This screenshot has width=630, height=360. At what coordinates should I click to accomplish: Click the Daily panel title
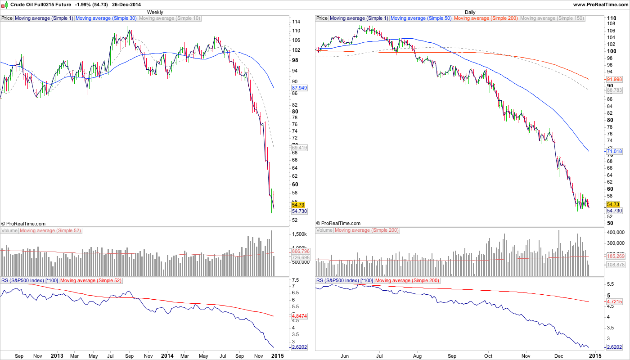470,12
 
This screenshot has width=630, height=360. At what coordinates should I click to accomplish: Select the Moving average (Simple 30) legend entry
106,18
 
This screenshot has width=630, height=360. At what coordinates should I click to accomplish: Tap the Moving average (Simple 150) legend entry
552,18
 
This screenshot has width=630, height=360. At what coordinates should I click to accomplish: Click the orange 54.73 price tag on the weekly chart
299,204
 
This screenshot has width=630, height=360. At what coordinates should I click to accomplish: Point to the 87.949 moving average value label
300,88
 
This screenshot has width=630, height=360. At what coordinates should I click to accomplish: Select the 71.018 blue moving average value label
615,152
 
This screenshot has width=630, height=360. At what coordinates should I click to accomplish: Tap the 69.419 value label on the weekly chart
300,148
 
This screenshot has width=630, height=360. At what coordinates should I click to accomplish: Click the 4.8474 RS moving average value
300,316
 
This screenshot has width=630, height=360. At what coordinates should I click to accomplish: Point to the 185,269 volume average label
616,256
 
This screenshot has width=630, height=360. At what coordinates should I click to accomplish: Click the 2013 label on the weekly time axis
57,356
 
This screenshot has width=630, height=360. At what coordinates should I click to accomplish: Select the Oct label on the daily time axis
489,356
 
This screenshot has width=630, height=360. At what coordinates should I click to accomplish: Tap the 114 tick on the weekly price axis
296,22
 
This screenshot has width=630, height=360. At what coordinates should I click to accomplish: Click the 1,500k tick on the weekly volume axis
299,234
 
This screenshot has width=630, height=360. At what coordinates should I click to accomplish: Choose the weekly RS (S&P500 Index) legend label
29,280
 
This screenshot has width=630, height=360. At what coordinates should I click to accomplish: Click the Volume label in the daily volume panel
324,230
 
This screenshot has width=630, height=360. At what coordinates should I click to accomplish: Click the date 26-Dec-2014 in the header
128,4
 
